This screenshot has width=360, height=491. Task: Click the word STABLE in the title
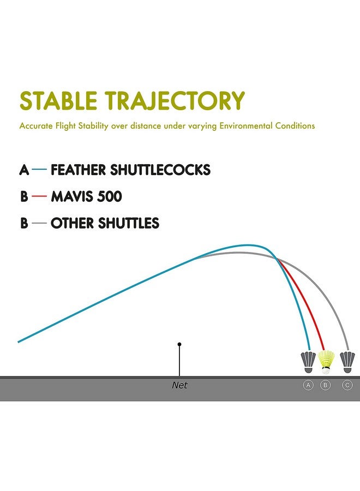click(58, 100)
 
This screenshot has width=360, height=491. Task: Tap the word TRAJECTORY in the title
click(175, 100)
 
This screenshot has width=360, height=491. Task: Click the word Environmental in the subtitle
click(246, 126)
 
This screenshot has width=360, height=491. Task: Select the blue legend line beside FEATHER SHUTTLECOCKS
click(39, 170)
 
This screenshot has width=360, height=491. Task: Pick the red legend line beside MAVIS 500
click(39, 196)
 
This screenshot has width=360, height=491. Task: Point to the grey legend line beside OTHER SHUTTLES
click(39, 223)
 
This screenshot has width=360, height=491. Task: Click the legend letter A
click(24, 170)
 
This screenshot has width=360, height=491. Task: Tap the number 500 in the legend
click(110, 196)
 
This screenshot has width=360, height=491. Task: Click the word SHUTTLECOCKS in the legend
click(160, 170)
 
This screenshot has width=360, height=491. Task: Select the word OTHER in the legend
click(73, 223)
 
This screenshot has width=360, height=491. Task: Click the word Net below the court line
click(179, 385)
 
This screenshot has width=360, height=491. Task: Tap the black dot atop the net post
click(179, 344)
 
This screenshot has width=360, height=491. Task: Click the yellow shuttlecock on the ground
click(326, 362)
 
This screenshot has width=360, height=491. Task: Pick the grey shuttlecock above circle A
click(308, 362)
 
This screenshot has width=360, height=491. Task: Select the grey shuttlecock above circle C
click(347, 362)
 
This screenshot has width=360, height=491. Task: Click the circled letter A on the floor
click(308, 385)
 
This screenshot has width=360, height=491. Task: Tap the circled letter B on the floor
click(325, 385)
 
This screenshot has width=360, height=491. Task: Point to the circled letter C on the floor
click(347, 385)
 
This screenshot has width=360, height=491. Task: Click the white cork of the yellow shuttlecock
click(326, 371)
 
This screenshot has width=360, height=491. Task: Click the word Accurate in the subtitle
click(34, 126)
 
